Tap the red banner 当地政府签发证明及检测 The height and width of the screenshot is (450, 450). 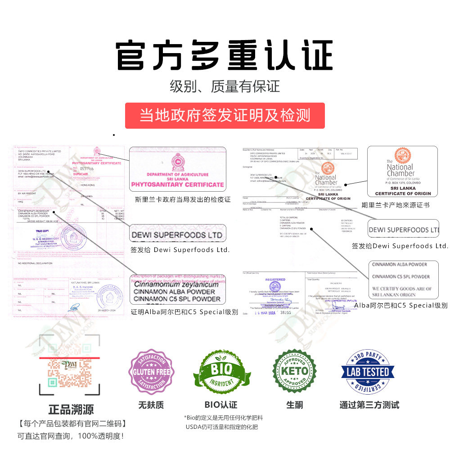pyautogui.click(x=225, y=115)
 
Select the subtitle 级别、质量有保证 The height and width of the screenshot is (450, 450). pyautogui.click(x=225, y=86)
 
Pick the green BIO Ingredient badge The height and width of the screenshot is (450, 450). pyautogui.click(x=222, y=372)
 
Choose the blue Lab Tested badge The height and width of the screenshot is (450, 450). pyautogui.click(x=369, y=372)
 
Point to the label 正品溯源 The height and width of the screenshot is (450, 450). pyautogui.click(x=71, y=409)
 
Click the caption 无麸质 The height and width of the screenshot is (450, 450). pyautogui.click(x=150, y=405)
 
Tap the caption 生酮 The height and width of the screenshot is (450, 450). pyautogui.click(x=294, y=405)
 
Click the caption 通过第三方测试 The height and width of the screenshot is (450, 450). pyautogui.click(x=369, y=405)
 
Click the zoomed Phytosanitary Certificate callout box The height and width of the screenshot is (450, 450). pyautogui.click(x=178, y=169)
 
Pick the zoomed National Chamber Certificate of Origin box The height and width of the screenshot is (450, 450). pyautogui.click(x=403, y=171)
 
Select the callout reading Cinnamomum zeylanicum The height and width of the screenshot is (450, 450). pyautogui.click(x=178, y=289)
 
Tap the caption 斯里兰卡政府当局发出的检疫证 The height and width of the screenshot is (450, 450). pyautogui.click(x=183, y=199)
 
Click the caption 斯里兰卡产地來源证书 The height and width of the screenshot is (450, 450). pyautogui.click(x=396, y=205)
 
